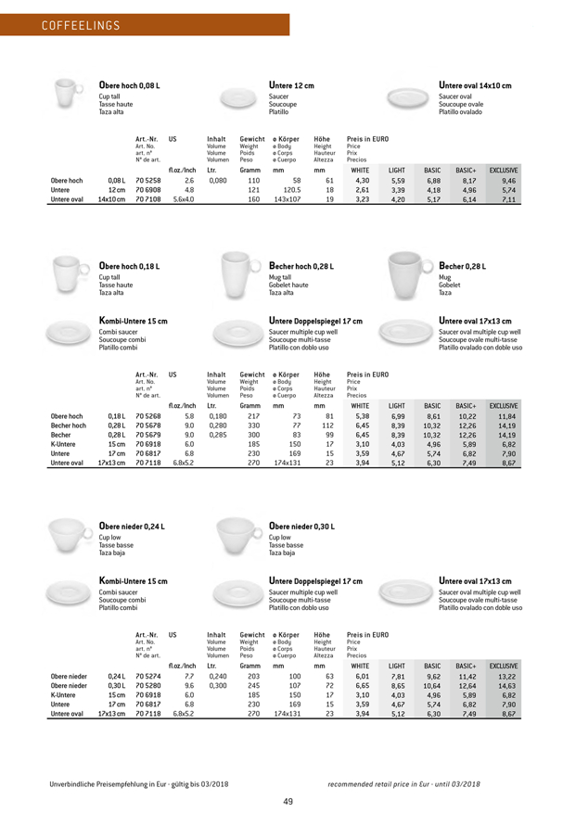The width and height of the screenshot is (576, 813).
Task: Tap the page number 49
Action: click(x=288, y=776)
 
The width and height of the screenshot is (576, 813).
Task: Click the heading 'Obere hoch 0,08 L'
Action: click(x=130, y=86)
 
